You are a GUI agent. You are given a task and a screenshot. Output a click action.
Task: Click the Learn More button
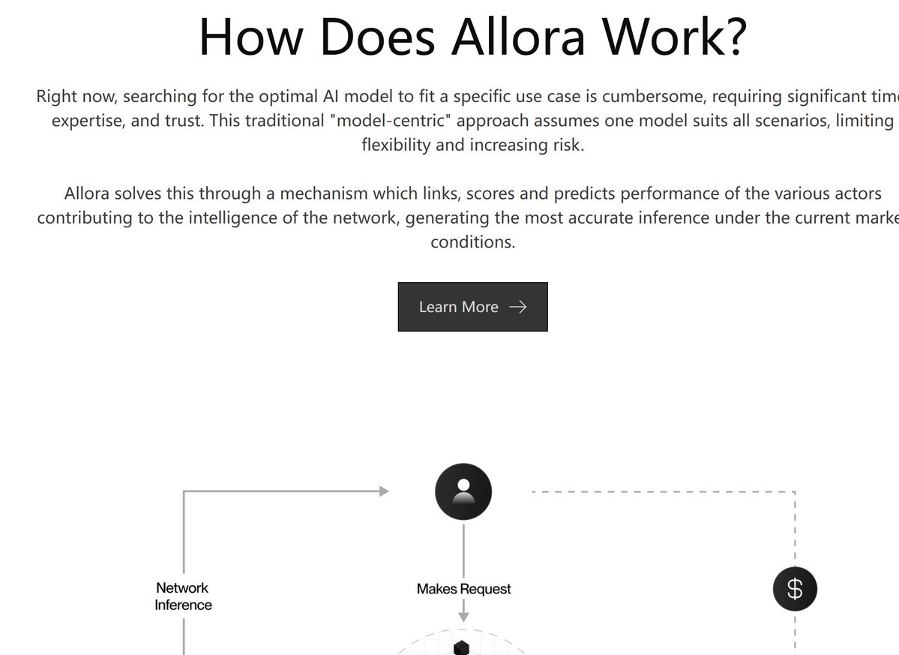click(472, 307)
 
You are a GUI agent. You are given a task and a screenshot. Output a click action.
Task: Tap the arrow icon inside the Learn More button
click(517, 307)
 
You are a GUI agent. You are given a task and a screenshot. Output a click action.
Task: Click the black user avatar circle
click(463, 491)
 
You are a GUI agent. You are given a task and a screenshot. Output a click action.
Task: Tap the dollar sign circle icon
click(795, 589)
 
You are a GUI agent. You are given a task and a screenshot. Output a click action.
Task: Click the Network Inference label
click(183, 596)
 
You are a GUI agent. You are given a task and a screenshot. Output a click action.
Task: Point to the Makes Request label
click(463, 589)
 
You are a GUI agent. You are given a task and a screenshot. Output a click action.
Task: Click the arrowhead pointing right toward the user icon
click(385, 491)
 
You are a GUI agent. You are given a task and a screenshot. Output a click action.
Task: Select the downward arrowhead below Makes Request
click(463, 617)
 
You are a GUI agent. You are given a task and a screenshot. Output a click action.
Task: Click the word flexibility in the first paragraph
click(396, 145)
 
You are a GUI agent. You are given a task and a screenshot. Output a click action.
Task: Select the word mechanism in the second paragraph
click(324, 194)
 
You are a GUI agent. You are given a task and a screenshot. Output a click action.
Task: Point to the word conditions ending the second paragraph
click(472, 242)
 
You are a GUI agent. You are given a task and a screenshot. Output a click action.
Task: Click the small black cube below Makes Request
click(462, 647)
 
